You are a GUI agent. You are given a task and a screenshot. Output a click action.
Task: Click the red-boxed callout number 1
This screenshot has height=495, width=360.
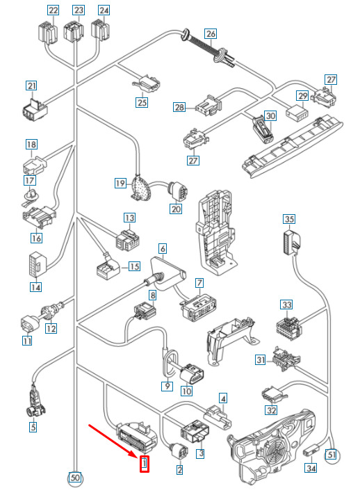pyautogui.click(x=144, y=464)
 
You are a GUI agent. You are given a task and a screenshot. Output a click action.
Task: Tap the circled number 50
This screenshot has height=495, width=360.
pyautogui.click(x=75, y=478)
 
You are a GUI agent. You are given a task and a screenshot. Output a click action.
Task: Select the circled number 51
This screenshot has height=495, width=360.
pyautogui.click(x=332, y=455)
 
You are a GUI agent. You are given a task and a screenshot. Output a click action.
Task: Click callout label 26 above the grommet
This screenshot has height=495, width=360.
pyautogui.click(x=211, y=34)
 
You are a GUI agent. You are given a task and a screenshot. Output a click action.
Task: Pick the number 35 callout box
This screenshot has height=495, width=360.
pyautogui.click(x=288, y=219)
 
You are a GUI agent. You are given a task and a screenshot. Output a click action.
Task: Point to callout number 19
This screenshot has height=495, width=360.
pyautogui.click(x=120, y=183)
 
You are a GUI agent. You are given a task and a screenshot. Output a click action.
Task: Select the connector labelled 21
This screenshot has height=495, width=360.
pyautogui.click(x=35, y=110)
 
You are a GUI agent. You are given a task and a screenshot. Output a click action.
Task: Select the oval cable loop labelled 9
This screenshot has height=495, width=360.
pyautogui.click(x=171, y=364)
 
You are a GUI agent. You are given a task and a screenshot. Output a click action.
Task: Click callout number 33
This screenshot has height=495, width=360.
pyautogui.click(x=286, y=305)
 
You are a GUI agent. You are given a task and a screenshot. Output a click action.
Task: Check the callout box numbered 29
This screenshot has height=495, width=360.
pyautogui.click(x=302, y=96)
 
